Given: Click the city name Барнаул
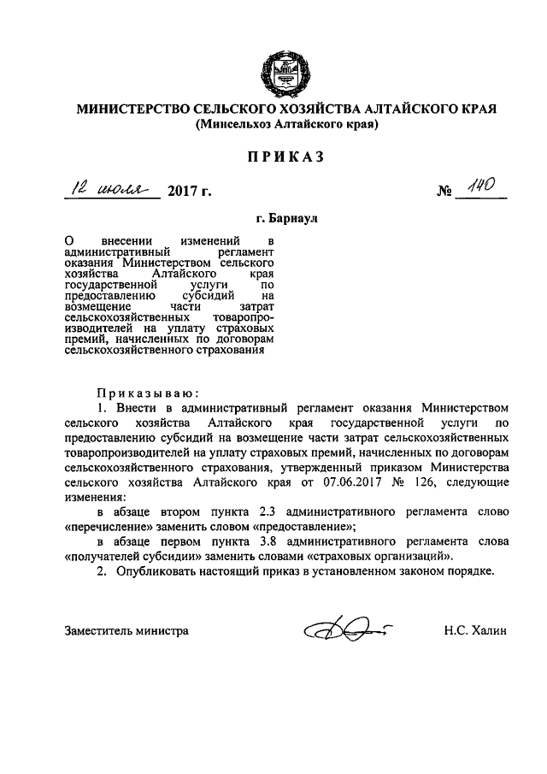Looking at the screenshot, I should coord(285,219).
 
